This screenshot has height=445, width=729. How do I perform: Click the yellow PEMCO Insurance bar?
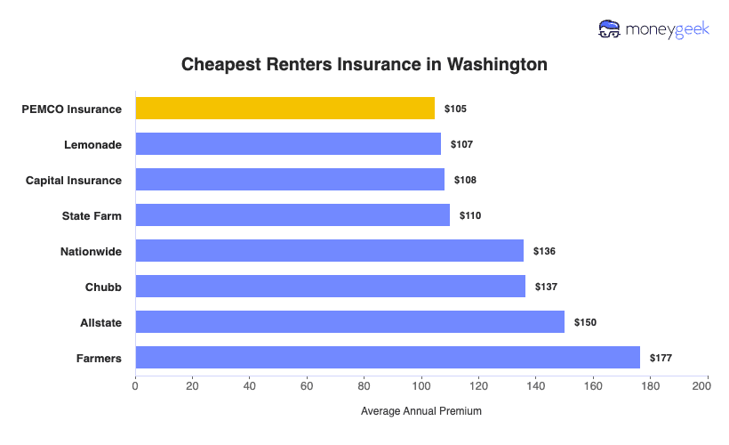coord(284,109)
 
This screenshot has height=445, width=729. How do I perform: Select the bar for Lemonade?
coord(288,144)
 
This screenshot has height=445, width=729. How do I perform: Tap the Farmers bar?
coord(388,358)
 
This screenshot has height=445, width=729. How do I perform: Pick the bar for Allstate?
coord(349,322)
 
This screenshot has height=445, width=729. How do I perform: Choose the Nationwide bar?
coord(329,251)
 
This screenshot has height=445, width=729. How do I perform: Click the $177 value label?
coord(661,358)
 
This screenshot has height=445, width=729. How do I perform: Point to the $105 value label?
coord(455,109)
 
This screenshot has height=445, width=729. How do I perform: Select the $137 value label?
coord(546,287)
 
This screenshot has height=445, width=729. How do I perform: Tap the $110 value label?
coord(470,215)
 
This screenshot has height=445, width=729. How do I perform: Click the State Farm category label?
coord(92,215)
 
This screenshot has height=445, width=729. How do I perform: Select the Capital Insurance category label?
coord(74,180)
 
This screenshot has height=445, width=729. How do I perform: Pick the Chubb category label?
coord(103,287)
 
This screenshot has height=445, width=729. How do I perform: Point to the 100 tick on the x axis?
coord(421,386)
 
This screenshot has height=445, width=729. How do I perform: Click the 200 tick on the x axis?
coord(708,386)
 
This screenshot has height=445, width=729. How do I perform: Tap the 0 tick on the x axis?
coord(135,386)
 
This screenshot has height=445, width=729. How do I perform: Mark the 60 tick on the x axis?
coord(307,386)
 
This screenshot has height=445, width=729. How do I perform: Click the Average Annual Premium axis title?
coord(421,411)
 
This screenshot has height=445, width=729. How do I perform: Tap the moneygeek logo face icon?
coord(610,28)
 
